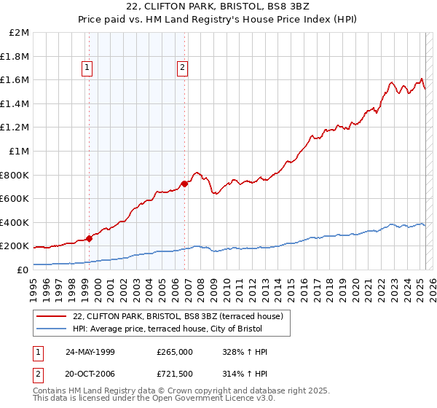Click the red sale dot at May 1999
pyautogui.click(x=89, y=238)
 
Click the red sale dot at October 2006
pyautogui.click(x=184, y=184)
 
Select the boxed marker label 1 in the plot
pyautogui.click(x=87, y=68)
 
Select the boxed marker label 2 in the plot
pyautogui.click(x=182, y=68)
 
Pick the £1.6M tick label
pyautogui.click(x=17, y=80)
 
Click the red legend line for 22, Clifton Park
pyautogui.click(x=52, y=316)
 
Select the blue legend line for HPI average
pyautogui.click(x=52, y=329)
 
